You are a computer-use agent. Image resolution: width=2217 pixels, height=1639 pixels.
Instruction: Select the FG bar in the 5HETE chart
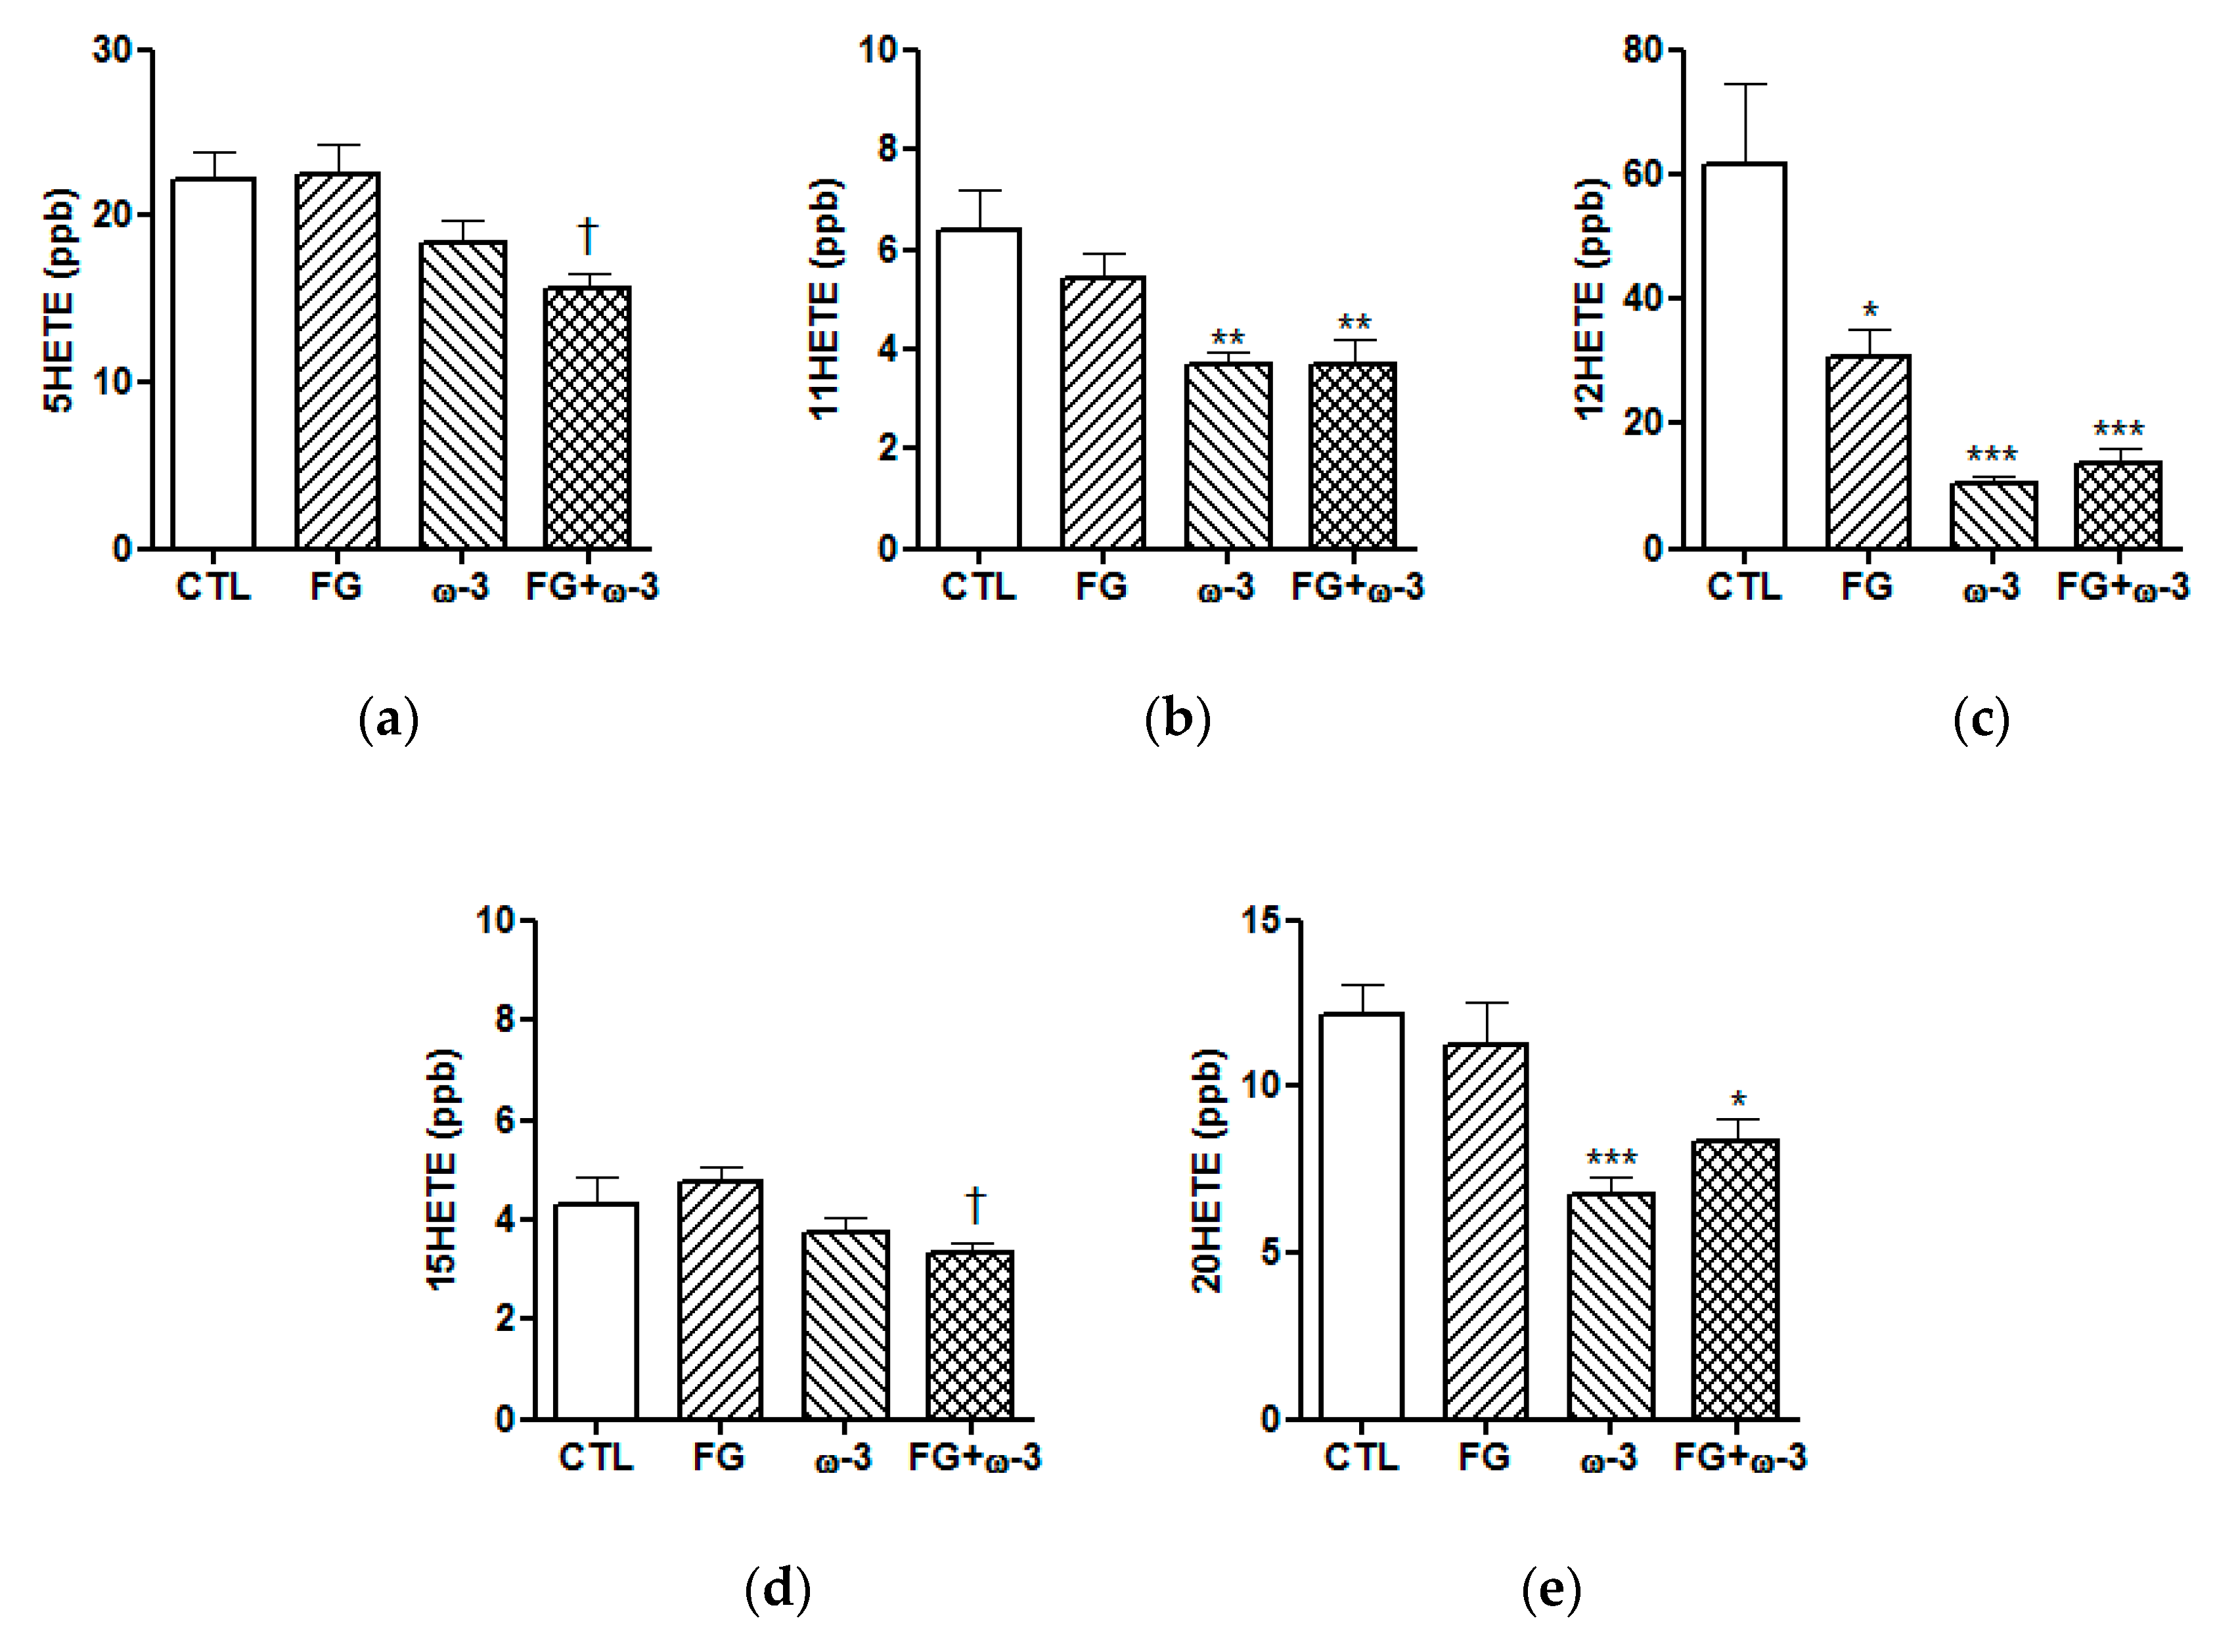click(x=337, y=361)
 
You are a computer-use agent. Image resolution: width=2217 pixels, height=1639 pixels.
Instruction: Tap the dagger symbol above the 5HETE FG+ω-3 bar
click(x=587, y=236)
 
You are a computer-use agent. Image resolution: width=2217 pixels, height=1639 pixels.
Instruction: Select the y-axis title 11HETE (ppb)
click(x=825, y=299)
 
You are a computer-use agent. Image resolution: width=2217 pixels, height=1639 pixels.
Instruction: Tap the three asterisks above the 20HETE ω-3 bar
click(x=1611, y=1158)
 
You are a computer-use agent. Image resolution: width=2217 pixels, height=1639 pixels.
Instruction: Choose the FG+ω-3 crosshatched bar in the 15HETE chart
click(x=970, y=1336)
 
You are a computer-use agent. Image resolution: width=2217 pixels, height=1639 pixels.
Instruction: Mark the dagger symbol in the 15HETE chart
click(x=975, y=1204)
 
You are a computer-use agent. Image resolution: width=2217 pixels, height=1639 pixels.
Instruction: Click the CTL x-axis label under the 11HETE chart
click(x=978, y=587)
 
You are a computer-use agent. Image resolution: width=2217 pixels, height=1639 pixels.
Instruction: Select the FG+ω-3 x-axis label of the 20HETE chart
click(x=1740, y=1458)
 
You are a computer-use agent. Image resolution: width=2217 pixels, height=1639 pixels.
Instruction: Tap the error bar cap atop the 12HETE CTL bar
click(x=1744, y=84)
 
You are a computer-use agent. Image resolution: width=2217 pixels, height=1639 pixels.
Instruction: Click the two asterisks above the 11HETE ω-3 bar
click(x=1228, y=337)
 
